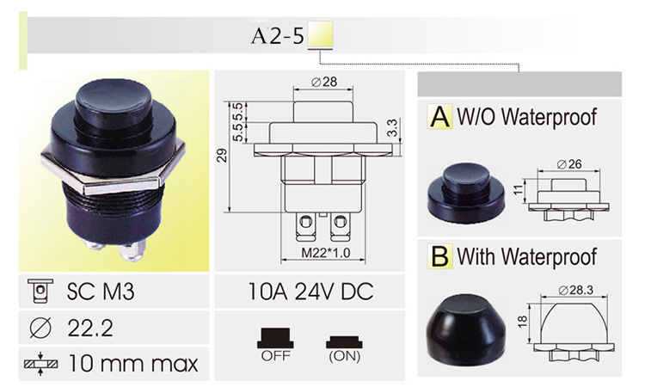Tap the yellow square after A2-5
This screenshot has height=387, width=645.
coord(321,37)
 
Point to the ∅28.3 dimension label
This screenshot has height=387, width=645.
coord(571,290)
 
